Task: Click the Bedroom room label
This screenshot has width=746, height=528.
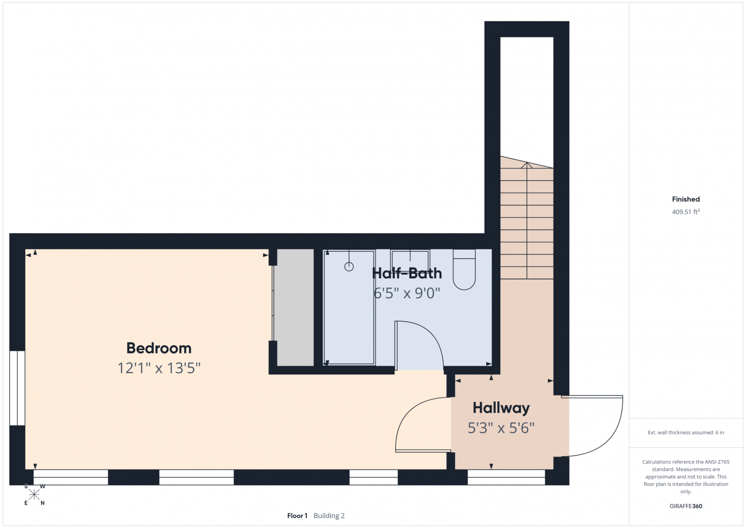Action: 159,348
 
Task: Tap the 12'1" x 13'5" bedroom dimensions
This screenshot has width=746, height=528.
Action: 159,368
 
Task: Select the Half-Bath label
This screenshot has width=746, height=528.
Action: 407,273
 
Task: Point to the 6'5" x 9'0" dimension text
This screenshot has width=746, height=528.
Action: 407,293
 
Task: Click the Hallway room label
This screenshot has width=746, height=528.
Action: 501,408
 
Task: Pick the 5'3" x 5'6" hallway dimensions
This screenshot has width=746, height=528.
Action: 501,428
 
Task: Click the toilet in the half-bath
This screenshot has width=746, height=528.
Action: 464,269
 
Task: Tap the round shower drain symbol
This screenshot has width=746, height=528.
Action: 349,266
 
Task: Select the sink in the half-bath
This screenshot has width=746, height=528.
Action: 410,259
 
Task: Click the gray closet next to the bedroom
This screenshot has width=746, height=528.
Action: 296,308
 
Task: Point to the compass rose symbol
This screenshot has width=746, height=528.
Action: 34,495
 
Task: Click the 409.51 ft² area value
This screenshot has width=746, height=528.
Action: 686,212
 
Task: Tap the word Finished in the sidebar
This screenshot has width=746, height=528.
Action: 686,199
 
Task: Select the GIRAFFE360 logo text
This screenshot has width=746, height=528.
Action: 686,506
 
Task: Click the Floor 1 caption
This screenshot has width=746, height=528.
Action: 297,516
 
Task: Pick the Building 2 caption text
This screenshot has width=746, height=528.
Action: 329,516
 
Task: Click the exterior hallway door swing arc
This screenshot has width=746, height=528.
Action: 612,440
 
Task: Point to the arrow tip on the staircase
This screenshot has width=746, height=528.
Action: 527,163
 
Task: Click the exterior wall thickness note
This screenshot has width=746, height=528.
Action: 686,432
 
